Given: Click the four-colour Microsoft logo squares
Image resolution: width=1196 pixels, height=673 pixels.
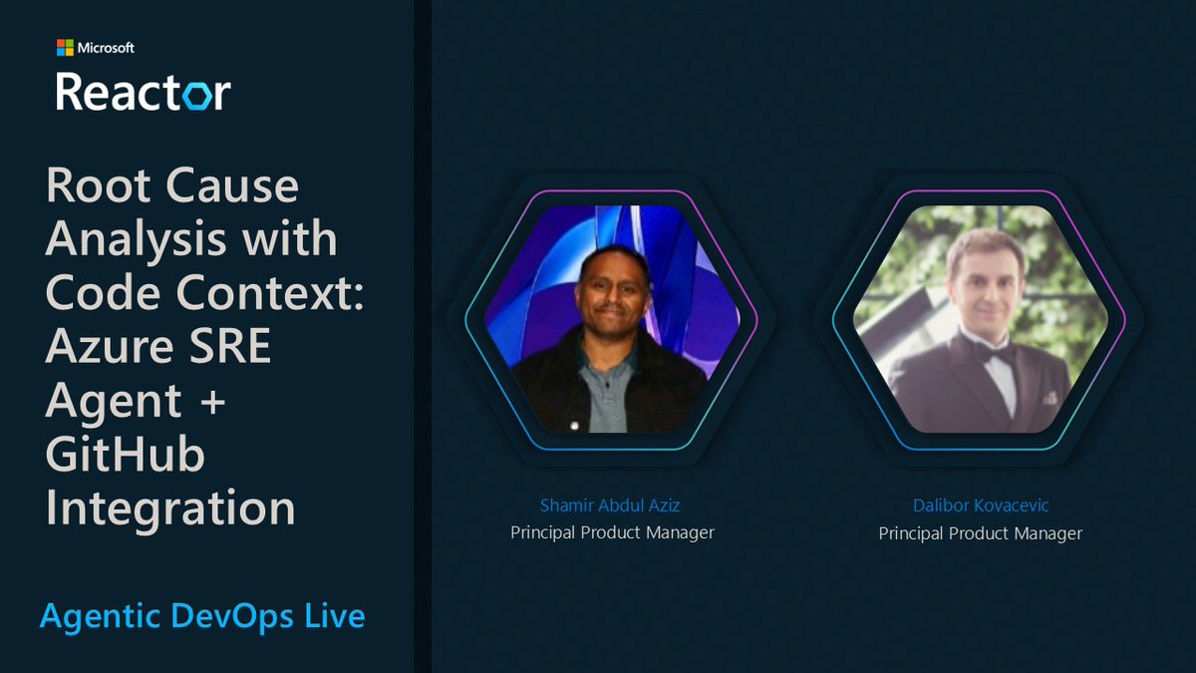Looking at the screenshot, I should pos(65,47).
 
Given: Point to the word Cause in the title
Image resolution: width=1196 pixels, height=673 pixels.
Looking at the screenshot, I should pos(232,187).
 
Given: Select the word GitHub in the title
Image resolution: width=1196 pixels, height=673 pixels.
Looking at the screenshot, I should pos(126,455).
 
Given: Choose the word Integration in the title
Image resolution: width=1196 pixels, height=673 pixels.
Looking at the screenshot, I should pos(170,508).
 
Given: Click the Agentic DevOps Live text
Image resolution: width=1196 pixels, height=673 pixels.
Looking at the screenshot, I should pos(202,616).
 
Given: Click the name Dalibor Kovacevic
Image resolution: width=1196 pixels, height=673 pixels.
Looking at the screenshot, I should pos(980,505).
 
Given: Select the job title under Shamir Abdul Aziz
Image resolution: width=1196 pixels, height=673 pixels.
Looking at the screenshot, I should pos(612,532).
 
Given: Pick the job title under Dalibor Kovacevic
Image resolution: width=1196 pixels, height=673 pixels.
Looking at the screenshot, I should pos(980,533).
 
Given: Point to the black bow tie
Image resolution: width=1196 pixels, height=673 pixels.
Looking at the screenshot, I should pos(994,351).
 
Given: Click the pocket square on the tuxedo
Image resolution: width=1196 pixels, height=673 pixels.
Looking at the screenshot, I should pos(1048,397).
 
